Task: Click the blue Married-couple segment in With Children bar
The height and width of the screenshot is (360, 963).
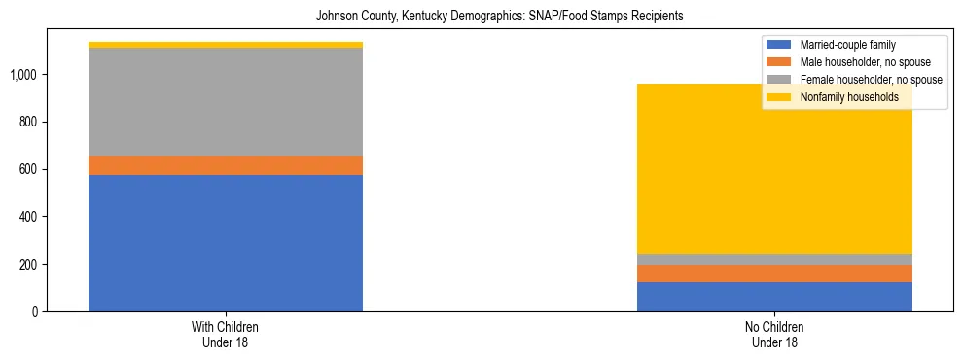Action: pos(225,243)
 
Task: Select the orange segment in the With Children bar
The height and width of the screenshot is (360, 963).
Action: pos(225,165)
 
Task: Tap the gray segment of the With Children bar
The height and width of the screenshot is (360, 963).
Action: pos(225,101)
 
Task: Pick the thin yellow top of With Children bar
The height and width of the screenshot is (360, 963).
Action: pos(225,45)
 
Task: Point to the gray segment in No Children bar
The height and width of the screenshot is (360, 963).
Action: pos(774,259)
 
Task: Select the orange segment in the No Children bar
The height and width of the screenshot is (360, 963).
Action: pos(774,273)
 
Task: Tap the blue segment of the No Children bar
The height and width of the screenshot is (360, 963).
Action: pos(774,297)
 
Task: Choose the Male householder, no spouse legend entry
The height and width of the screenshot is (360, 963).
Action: pos(865,62)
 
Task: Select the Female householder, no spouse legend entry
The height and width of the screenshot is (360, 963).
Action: pos(870,80)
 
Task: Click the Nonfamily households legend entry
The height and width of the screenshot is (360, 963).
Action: pos(849,97)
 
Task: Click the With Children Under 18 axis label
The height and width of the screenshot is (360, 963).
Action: pos(225,335)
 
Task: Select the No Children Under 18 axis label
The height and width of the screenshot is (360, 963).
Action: pos(774,335)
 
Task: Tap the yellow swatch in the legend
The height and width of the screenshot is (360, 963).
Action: pos(779,97)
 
